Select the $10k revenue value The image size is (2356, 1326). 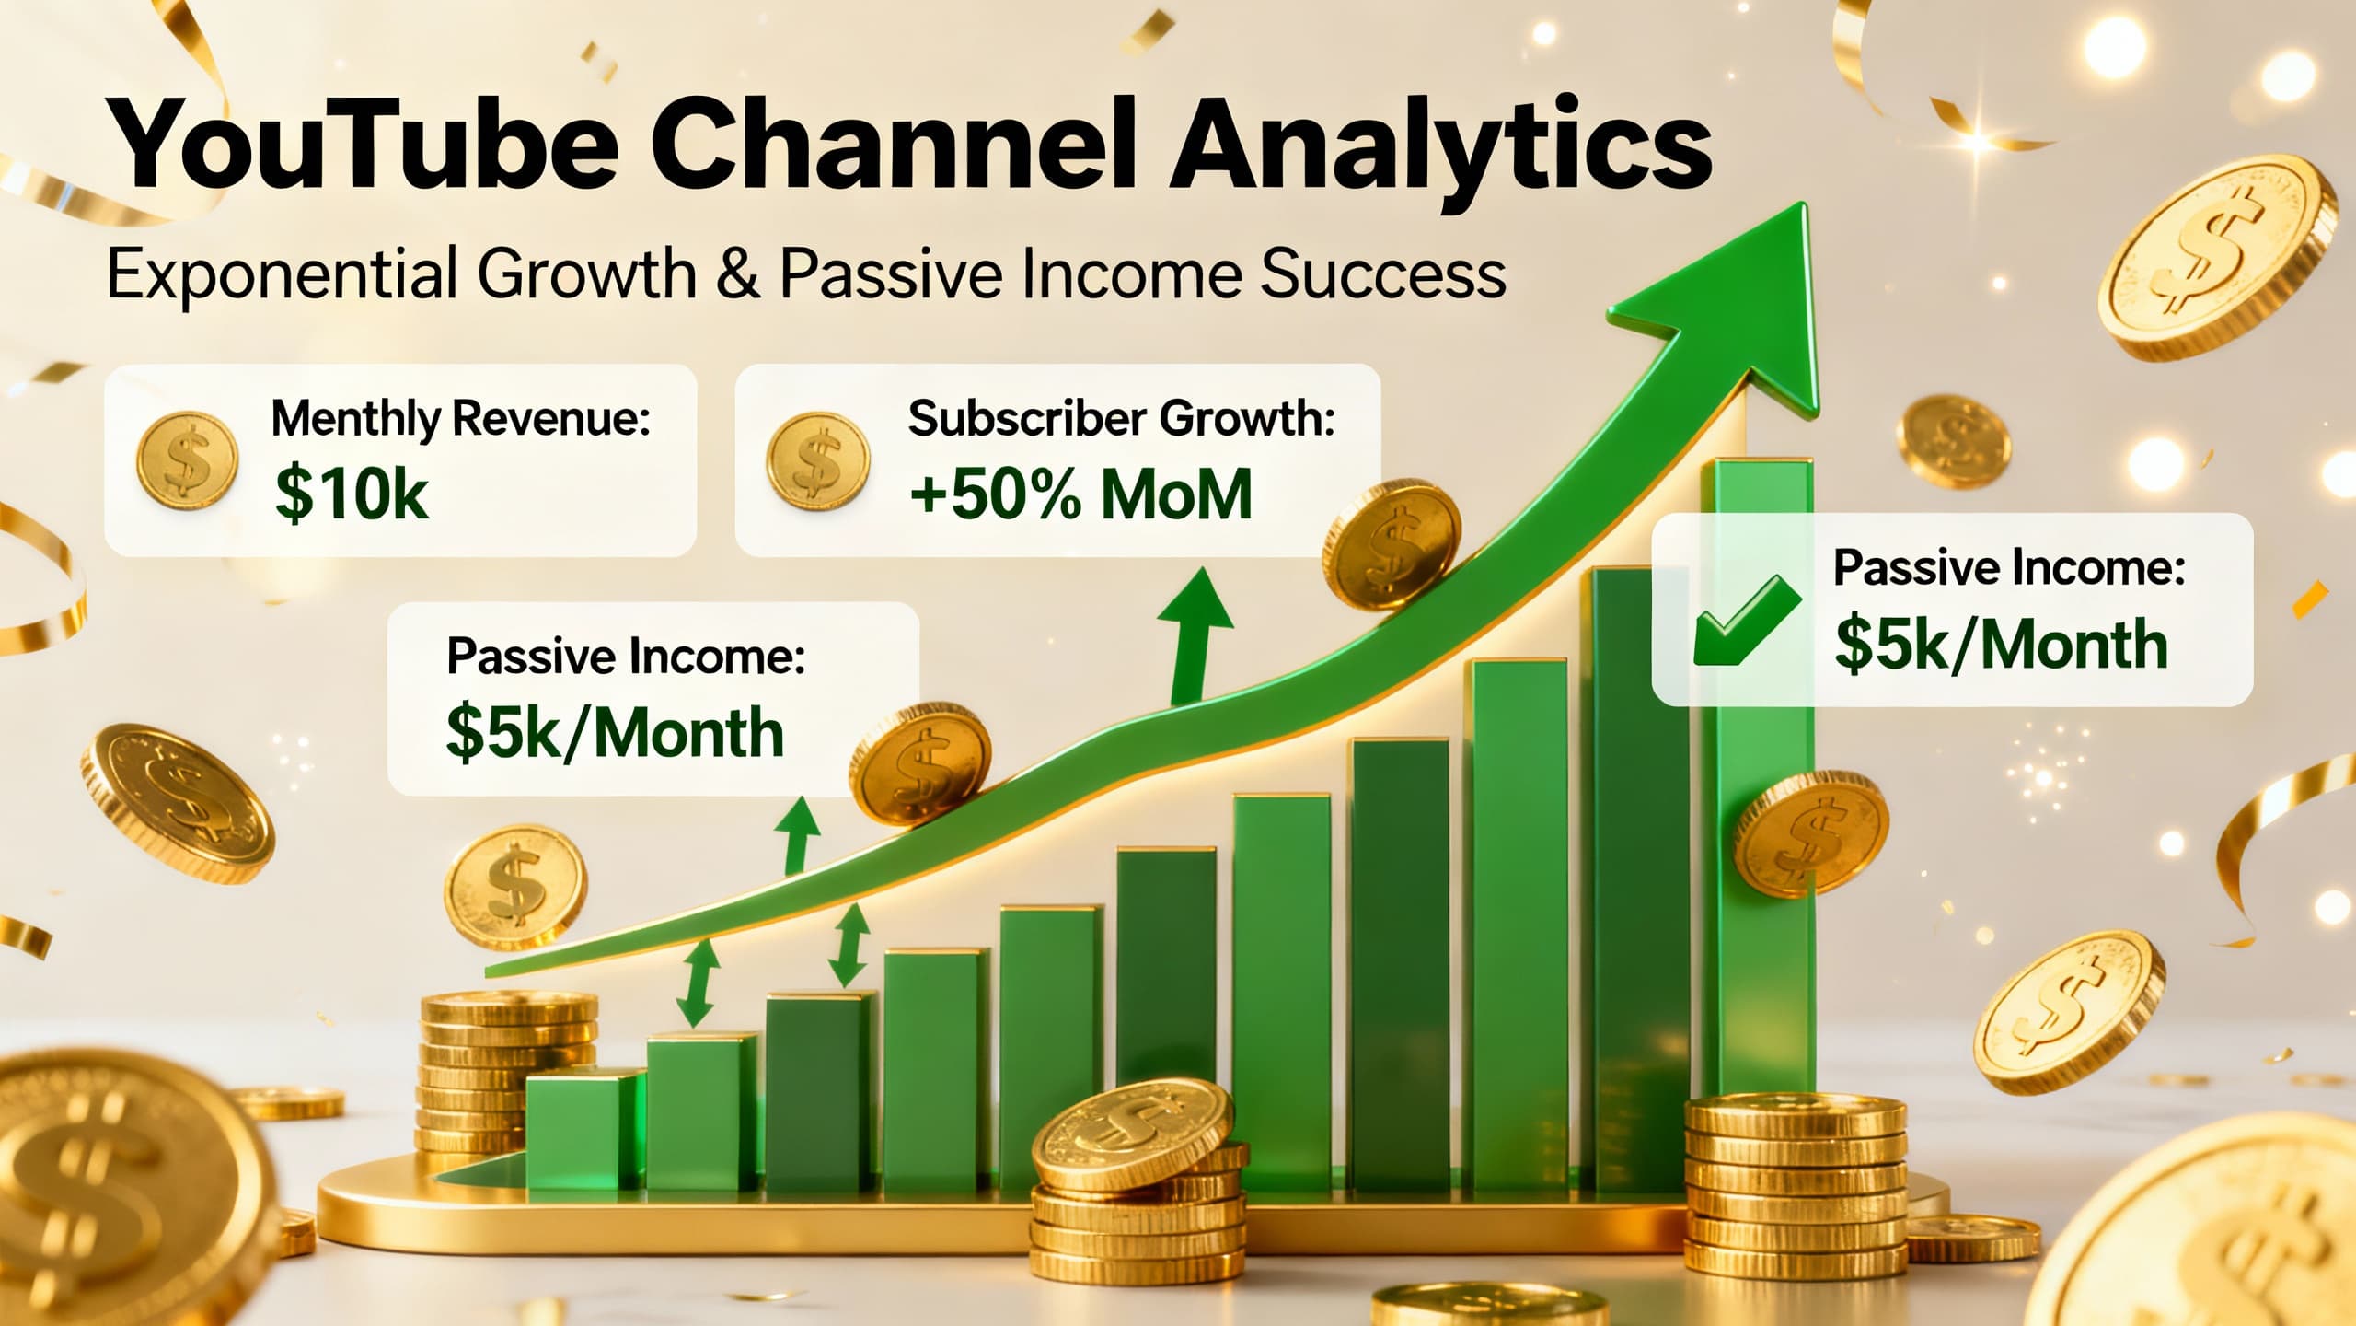352,495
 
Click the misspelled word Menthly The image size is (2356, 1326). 355,419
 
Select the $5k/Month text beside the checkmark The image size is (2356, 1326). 2002,645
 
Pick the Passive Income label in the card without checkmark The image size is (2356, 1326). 626,657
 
